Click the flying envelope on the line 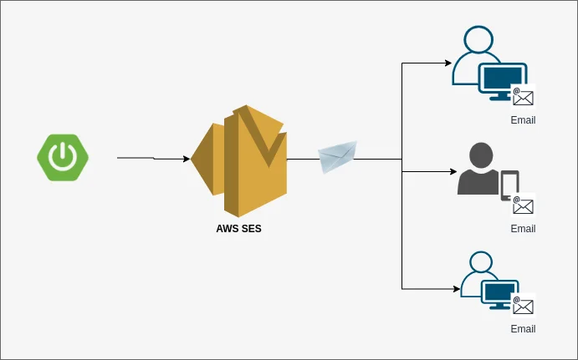point(338,156)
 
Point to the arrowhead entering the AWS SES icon point(185,159)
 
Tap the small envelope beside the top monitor point(524,97)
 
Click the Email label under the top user point(523,120)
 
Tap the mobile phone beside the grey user point(509,185)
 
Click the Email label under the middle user point(523,229)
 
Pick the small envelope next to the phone point(524,205)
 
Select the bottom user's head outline point(480,261)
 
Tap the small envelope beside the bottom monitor point(524,306)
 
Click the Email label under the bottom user point(523,329)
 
